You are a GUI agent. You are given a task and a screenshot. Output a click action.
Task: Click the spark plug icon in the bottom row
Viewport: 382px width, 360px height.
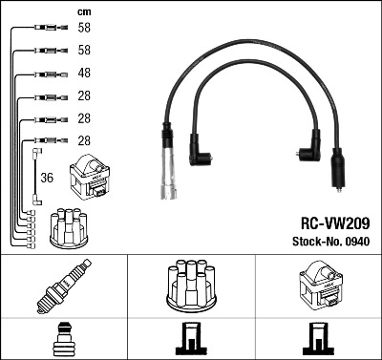[63, 286]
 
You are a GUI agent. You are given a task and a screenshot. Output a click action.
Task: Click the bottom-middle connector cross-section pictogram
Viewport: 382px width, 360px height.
[190, 340]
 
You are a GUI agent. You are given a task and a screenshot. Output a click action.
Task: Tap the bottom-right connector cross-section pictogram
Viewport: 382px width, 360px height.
[317, 340]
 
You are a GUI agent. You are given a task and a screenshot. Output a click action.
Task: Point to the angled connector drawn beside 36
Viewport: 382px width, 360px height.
[36, 153]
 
